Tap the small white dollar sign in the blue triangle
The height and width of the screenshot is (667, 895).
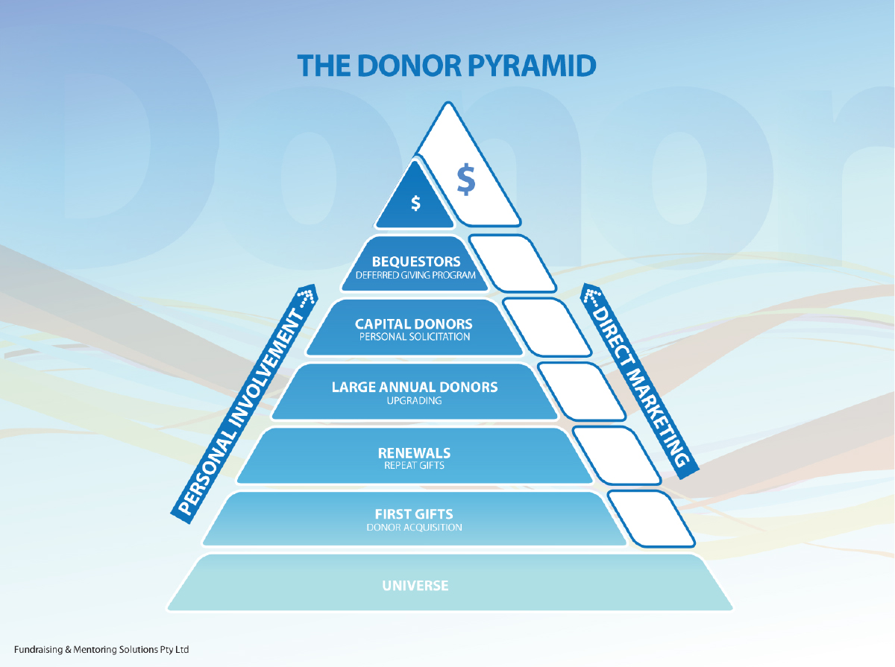[x=415, y=203]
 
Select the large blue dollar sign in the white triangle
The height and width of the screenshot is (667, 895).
[x=466, y=180]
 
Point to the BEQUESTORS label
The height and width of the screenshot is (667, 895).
[x=416, y=262]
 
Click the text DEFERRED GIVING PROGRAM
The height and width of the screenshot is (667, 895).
[x=416, y=275]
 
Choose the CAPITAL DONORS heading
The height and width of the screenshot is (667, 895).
[x=414, y=324]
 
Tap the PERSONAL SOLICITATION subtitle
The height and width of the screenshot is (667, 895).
[x=415, y=337]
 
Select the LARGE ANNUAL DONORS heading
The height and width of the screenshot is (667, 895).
[x=415, y=388]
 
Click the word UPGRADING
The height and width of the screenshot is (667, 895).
[x=415, y=400]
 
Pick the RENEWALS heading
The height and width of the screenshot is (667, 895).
[x=414, y=452]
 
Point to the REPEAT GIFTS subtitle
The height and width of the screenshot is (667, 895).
[x=414, y=465]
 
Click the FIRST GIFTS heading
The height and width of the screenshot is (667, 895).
[x=414, y=514]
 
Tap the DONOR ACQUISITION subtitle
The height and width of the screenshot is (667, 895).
[x=414, y=527]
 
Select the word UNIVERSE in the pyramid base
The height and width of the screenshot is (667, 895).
[x=415, y=585]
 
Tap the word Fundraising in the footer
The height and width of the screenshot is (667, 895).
[x=38, y=650]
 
